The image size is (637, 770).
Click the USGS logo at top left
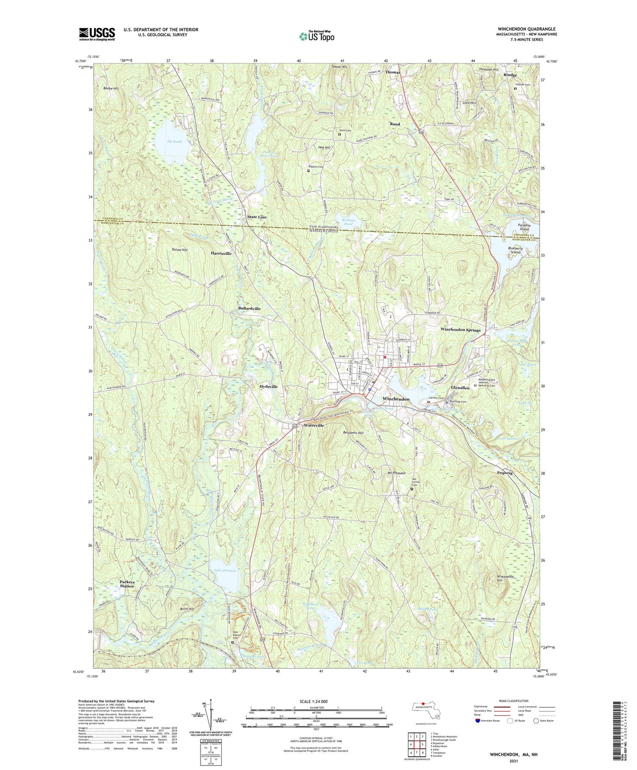[x=97, y=34]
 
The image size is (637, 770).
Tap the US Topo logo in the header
[x=316, y=36]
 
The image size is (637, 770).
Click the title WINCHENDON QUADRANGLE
[x=526, y=29]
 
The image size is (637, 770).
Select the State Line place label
[x=257, y=217]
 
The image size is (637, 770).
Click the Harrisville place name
[x=221, y=254]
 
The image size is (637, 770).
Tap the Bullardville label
[x=249, y=308]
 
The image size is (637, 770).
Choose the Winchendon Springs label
[x=460, y=330]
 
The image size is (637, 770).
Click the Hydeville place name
[x=268, y=386]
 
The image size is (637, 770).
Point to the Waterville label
[x=314, y=426]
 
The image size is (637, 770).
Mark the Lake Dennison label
[x=225, y=570]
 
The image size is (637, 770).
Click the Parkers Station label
[x=127, y=584]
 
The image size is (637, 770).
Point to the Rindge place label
[x=510, y=75]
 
